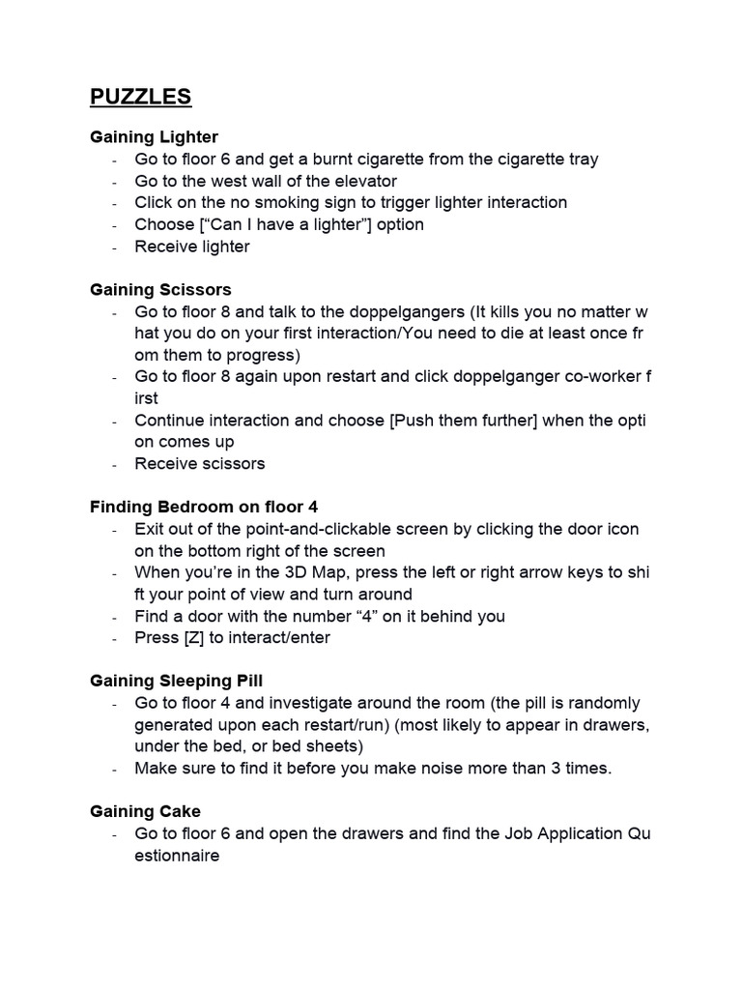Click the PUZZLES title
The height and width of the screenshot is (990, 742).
[x=141, y=97]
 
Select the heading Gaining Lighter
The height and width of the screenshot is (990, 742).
[x=154, y=137]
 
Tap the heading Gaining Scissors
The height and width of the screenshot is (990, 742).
[x=160, y=289]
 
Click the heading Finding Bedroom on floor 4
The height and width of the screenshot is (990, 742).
[x=204, y=507]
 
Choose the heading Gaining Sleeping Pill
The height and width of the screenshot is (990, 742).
[x=176, y=681]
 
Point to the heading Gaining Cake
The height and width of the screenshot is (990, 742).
[x=145, y=811]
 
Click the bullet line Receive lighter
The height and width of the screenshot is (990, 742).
[x=192, y=247]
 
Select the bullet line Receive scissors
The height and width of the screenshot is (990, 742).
[x=200, y=463]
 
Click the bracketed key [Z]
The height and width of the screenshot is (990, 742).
[x=193, y=638]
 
